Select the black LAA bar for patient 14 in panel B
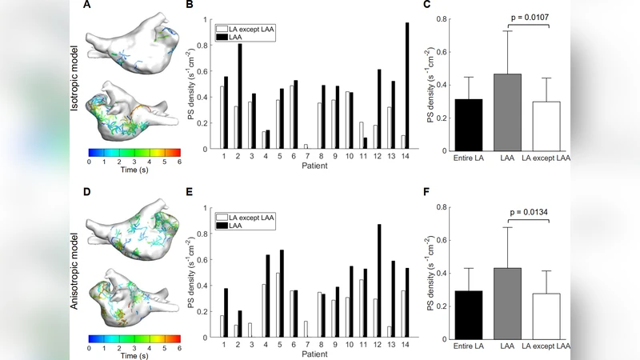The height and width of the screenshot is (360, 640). coord(406,86)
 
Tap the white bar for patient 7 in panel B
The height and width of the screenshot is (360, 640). coord(305,146)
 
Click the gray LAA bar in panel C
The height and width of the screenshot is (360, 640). coord(507,111)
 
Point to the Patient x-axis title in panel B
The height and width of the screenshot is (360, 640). coord(314,166)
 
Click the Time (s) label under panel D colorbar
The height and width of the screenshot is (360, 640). coord(134,356)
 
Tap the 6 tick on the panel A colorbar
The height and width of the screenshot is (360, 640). coord(180,160)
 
